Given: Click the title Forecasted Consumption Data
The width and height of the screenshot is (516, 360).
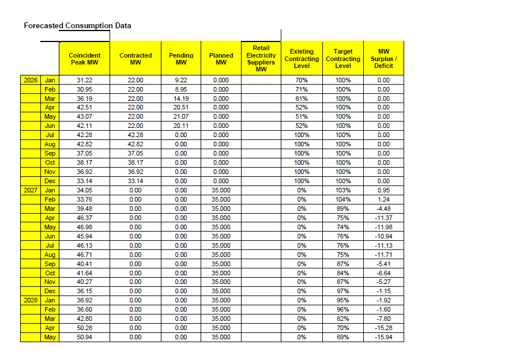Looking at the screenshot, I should click(x=77, y=26).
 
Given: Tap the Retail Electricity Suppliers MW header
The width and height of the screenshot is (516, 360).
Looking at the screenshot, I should click(x=261, y=59).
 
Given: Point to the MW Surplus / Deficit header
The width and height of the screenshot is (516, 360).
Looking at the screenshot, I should click(x=383, y=59).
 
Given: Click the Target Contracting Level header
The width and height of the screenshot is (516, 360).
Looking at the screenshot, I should click(x=343, y=59).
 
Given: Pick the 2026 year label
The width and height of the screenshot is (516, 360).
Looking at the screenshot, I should click(x=31, y=80).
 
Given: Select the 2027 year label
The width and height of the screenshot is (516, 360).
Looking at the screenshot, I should click(x=31, y=190).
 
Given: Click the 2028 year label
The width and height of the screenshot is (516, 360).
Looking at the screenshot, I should click(x=31, y=300).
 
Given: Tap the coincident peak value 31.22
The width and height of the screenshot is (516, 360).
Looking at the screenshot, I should click(x=84, y=80).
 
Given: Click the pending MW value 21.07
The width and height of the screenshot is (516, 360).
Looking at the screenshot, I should click(x=181, y=116).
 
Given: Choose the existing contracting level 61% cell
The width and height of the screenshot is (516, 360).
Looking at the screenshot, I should click(x=302, y=98).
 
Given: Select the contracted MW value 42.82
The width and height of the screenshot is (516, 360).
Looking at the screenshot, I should click(x=135, y=144).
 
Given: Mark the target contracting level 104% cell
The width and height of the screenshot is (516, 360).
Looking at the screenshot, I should click(x=343, y=199).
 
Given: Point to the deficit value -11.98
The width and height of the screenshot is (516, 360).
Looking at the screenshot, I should click(x=383, y=227).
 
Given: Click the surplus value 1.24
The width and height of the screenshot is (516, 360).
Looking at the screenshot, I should click(x=383, y=199).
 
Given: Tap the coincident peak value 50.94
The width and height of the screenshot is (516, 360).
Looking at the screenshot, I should click(x=84, y=337).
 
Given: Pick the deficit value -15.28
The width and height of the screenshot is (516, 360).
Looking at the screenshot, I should click(x=383, y=328).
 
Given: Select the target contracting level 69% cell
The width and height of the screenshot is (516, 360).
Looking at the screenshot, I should click(x=343, y=337).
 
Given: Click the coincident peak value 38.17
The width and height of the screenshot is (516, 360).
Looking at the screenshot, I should click(x=84, y=162).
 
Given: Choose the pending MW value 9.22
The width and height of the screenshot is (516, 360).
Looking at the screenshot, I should click(x=181, y=80).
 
